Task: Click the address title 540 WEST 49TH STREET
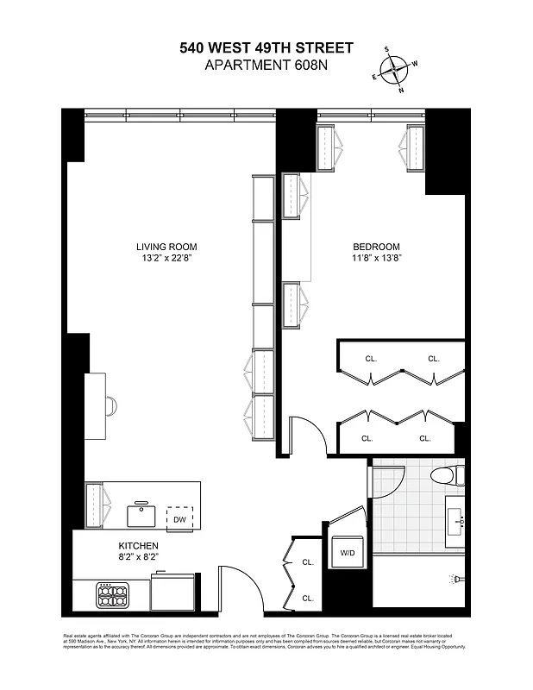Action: pos(266,49)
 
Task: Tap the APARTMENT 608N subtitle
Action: pos(266,66)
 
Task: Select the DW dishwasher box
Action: pos(179,517)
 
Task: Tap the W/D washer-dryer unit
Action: pos(347,553)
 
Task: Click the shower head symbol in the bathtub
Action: pos(451,579)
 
